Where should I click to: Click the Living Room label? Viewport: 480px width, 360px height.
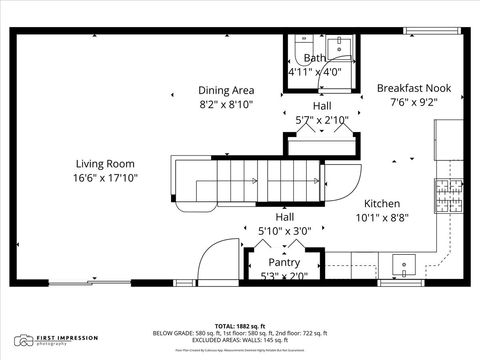click(x=105, y=163)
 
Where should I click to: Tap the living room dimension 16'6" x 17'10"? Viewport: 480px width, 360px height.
click(x=105, y=178)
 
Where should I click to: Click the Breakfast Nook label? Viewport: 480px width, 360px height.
click(x=413, y=88)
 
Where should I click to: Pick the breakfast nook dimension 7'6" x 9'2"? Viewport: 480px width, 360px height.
click(x=413, y=101)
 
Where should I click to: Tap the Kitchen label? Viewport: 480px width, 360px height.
click(x=382, y=201)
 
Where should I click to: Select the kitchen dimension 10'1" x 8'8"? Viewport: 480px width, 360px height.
click(x=382, y=216)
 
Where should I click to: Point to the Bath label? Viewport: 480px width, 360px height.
click(x=314, y=58)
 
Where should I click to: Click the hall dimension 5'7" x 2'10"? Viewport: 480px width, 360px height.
click(x=321, y=120)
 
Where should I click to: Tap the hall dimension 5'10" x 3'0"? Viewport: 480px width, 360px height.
click(x=285, y=231)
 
